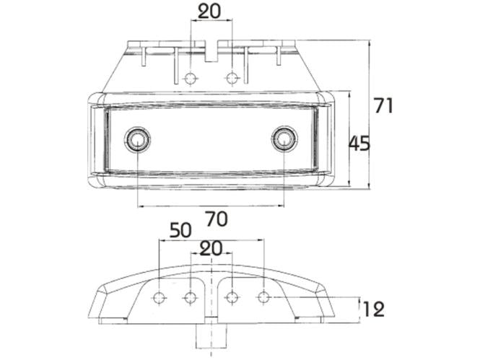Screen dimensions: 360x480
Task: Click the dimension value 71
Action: click(384, 105)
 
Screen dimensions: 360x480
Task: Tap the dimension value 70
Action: click(211, 217)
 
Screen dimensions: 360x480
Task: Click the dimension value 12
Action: click(373, 309)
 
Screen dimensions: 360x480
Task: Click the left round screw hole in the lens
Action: click(136, 139)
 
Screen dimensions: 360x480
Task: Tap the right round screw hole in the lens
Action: click(284, 139)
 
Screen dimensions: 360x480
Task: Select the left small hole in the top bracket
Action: click(191, 78)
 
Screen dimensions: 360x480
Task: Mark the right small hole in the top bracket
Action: click(232, 78)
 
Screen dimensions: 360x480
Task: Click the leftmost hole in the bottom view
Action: click(160, 297)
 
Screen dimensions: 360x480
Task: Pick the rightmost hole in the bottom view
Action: click(264, 297)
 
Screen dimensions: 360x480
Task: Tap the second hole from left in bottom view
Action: click(191, 297)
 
